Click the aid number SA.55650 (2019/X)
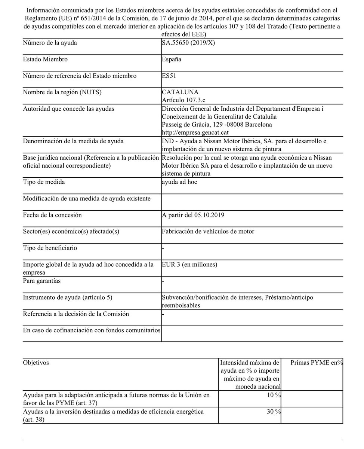(x=188, y=43)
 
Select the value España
(x=172, y=59)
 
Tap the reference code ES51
(x=169, y=76)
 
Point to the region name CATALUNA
(x=180, y=92)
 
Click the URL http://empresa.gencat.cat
(x=195, y=132)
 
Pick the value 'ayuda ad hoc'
(x=179, y=182)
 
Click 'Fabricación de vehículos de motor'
(x=208, y=231)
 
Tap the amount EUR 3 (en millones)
(x=189, y=264)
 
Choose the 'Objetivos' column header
(x=36, y=363)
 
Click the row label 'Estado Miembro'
(x=45, y=59)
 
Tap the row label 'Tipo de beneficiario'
(x=50, y=248)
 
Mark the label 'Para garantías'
(x=42, y=281)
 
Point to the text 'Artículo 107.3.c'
(x=184, y=100)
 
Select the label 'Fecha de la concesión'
(x=52, y=215)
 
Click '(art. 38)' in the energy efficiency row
(x=33, y=420)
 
